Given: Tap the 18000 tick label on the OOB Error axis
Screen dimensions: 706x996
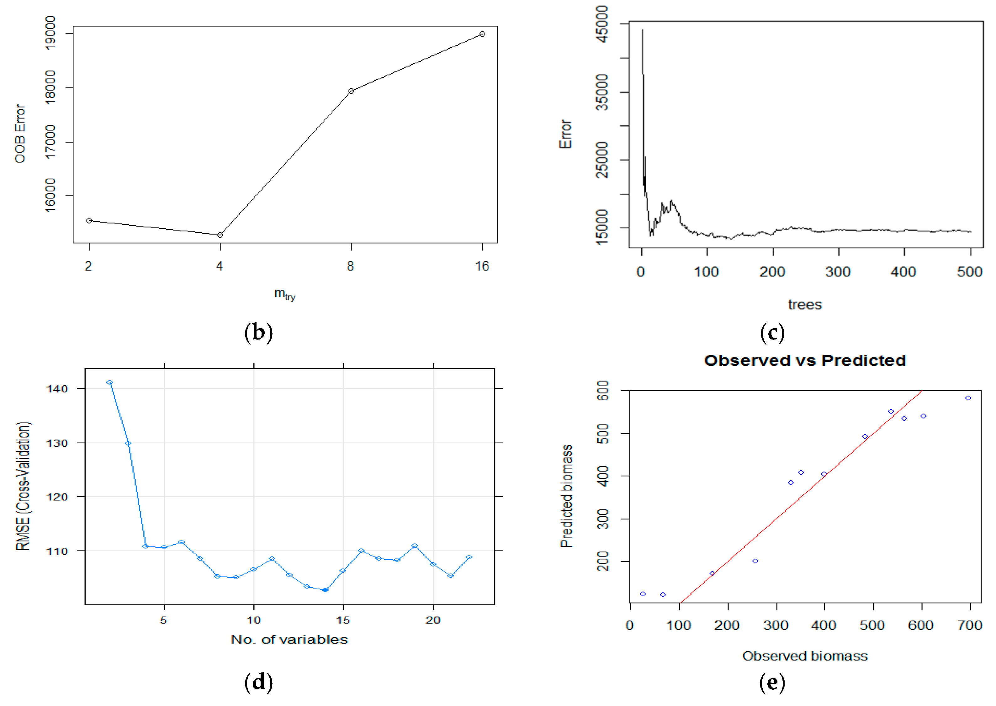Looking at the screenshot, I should [x=51, y=87].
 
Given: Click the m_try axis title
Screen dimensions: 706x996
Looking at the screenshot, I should [x=285, y=294].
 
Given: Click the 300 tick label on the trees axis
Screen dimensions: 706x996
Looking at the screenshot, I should [x=838, y=272].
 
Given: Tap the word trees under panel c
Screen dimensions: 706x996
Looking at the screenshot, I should [x=805, y=305].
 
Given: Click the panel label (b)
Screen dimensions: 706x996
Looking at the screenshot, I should [x=259, y=333].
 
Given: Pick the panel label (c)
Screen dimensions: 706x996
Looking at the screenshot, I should [x=772, y=333].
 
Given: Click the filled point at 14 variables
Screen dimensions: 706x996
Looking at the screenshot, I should [x=325, y=590].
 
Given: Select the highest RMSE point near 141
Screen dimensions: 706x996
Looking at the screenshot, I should [x=109, y=382].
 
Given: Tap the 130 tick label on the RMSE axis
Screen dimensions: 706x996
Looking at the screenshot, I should [x=57, y=443].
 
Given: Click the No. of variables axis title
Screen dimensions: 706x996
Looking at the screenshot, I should [x=289, y=640].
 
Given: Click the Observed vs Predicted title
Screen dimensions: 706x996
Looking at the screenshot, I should [x=805, y=361].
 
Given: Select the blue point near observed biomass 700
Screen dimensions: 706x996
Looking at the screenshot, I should [x=968, y=398].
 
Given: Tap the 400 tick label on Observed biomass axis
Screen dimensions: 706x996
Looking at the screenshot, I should [x=824, y=625].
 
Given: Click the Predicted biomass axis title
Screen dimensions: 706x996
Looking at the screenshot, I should [x=566, y=496].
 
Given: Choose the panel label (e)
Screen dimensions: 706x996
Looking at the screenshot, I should [x=772, y=682].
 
